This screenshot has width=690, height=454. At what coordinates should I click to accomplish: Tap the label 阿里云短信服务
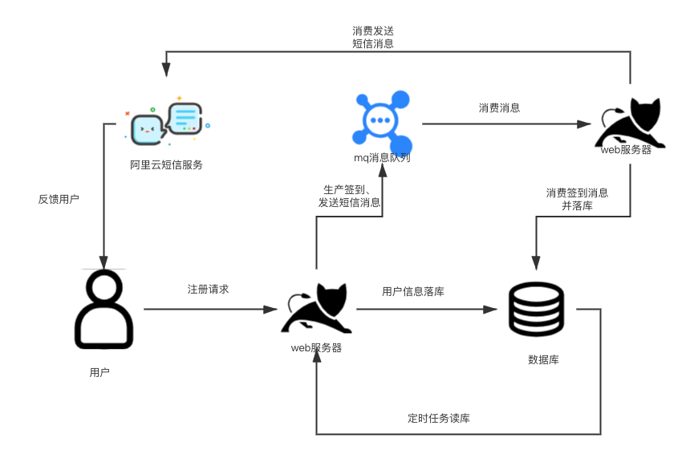pyautogui.click(x=167, y=165)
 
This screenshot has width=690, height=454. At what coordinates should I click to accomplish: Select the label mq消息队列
pyautogui.click(x=383, y=158)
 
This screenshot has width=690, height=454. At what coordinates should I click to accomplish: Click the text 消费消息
pyautogui.click(x=499, y=107)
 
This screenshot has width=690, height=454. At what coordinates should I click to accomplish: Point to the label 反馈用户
pyautogui.click(x=59, y=199)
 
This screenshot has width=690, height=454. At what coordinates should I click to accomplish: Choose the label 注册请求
pyautogui.click(x=208, y=289)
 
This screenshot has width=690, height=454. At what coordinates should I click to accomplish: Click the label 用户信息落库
pyautogui.click(x=413, y=291)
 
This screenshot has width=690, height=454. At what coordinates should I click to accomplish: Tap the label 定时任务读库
pyautogui.click(x=439, y=419)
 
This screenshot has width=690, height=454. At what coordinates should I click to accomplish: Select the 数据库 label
pyautogui.click(x=543, y=359)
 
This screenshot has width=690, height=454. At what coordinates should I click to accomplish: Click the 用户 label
pyautogui.click(x=99, y=372)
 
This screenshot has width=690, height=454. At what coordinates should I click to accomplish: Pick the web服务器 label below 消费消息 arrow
pyautogui.click(x=626, y=150)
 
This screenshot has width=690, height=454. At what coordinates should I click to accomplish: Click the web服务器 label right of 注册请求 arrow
pyautogui.click(x=316, y=347)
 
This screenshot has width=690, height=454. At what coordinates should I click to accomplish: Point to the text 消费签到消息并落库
pyautogui.click(x=577, y=199)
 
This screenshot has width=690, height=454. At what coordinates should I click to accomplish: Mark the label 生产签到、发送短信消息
pyautogui.click(x=350, y=196)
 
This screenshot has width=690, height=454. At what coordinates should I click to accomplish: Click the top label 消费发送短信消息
pyautogui.click(x=373, y=37)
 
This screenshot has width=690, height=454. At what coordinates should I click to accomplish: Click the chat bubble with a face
pyautogui.click(x=148, y=129)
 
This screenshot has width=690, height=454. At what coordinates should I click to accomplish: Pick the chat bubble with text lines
pyautogui.click(x=185, y=118)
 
